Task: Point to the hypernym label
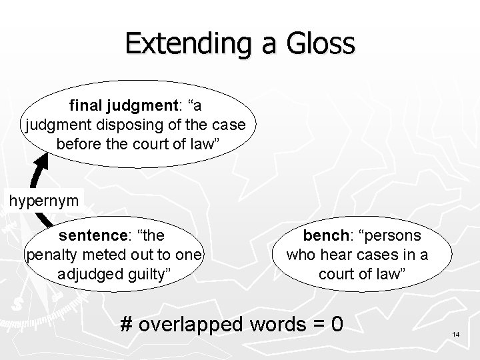point(43,199)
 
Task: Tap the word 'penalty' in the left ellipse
point(51,254)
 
